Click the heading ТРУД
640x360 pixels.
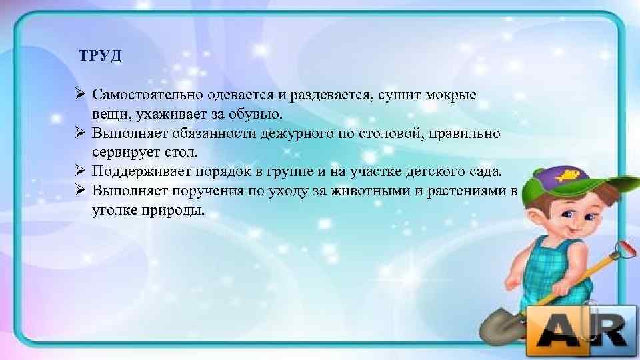100,55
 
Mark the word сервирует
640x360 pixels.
124,153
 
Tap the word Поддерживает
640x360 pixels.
141,172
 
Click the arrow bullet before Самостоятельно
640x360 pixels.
79,95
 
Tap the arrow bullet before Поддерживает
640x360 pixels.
79,172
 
